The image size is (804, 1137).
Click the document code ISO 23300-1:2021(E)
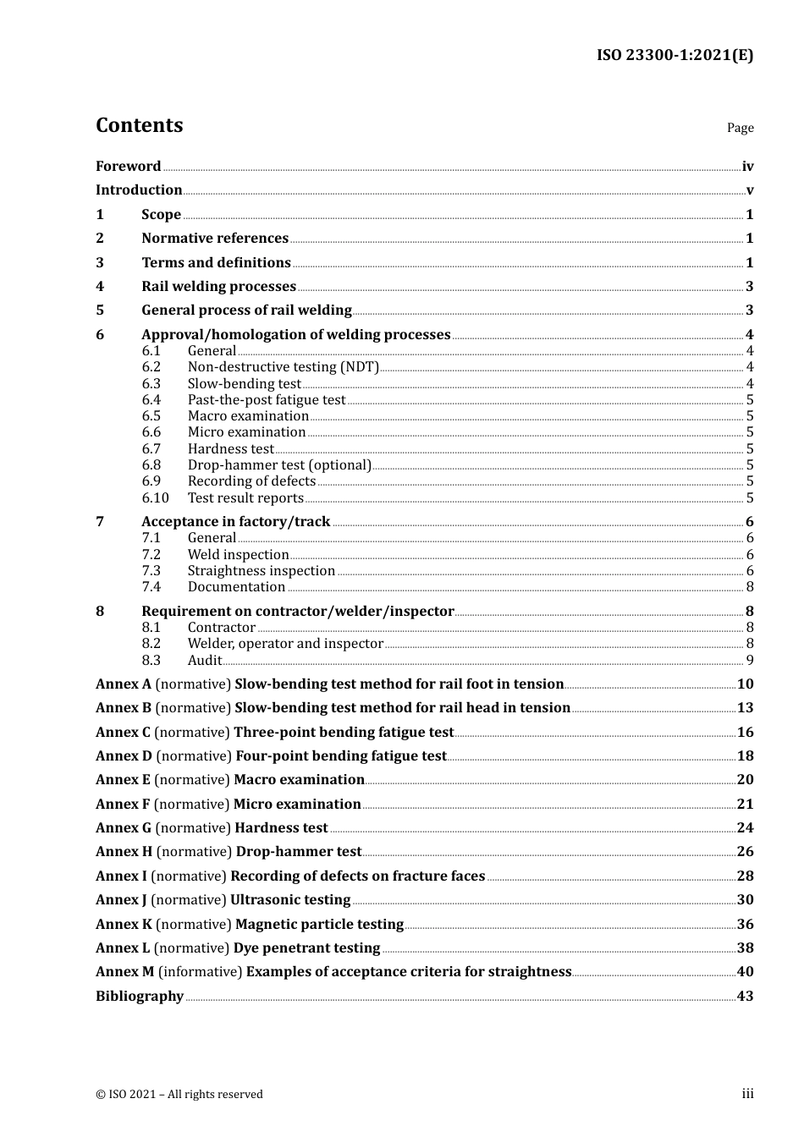tap(675, 55)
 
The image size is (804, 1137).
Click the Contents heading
tap(139, 125)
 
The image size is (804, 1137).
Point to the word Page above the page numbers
tap(740, 128)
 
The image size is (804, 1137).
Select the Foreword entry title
tap(128, 167)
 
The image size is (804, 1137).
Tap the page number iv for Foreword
tap(747, 167)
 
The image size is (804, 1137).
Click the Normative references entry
tap(215, 239)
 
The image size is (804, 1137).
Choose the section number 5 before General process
tap(100, 310)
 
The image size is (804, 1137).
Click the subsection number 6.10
tap(155, 498)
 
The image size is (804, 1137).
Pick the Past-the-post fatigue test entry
tap(267, 400)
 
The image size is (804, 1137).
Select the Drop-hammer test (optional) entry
tap(279, 465)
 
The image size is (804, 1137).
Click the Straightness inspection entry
tap(262, 571)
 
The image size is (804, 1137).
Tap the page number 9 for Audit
tap(750, 661)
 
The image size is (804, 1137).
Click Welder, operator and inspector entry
tap(285, 644)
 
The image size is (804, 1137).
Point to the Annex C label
tap(123, 733)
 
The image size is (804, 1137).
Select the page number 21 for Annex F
tap(745, 805)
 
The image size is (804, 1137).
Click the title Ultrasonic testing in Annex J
tap(290, 900)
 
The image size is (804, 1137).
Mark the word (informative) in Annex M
tap(200, 972)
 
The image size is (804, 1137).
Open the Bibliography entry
tap(140, 997)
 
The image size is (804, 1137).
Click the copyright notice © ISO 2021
tap(179, 1095)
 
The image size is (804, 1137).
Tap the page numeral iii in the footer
tap(747, 1094)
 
